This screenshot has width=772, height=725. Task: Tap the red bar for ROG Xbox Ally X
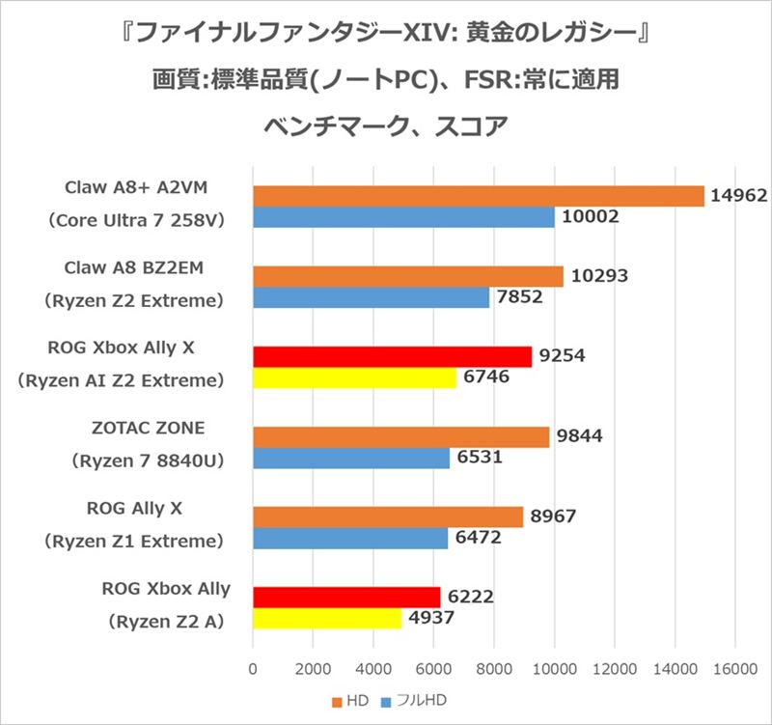392,356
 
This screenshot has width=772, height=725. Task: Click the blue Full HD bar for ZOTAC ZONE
351,459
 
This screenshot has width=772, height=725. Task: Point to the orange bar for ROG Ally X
387,517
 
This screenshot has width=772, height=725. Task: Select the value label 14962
737,196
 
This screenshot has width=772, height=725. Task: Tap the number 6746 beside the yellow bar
487,379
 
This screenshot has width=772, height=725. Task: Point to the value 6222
473,597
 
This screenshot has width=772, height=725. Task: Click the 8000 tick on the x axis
493,666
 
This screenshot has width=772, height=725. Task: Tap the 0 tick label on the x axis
253,666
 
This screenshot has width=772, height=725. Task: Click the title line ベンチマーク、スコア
385,126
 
